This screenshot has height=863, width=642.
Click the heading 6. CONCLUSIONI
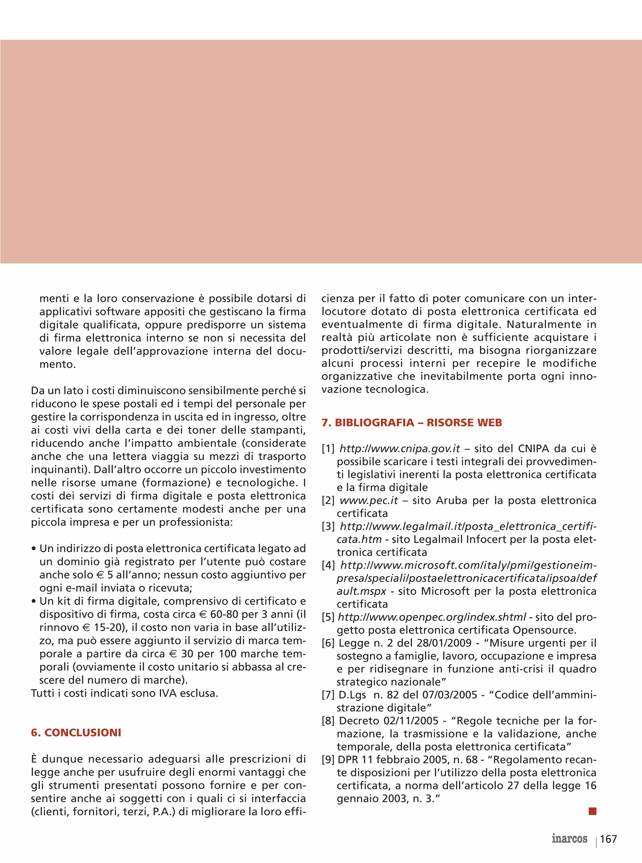76,733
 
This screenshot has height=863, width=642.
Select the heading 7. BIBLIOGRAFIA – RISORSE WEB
412,422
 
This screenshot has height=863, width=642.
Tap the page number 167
608,839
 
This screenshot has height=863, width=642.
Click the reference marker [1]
328,449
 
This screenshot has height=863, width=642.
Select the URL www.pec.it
368,500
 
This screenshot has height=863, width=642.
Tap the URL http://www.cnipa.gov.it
399,449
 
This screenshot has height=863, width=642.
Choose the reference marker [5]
328,617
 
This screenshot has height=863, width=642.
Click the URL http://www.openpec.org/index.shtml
432,617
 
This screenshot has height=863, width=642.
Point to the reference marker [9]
328,759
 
